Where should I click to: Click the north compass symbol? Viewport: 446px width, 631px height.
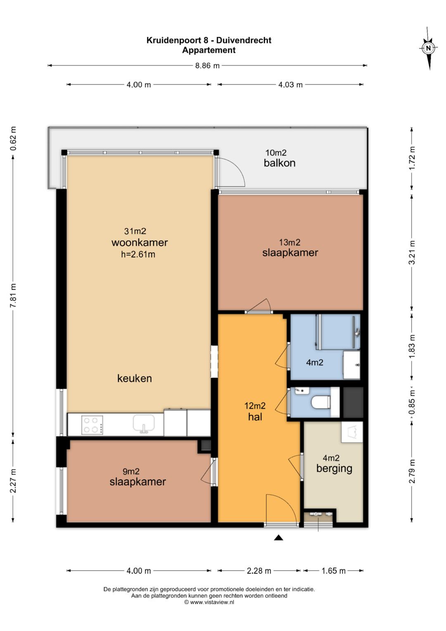point(428,48)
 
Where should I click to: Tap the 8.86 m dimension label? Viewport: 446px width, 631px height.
point(207,66)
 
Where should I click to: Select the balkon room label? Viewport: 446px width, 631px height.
point(280,163)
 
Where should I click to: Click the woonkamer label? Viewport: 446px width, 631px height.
point(140,242)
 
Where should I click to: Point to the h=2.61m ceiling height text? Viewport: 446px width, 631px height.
point(138,255)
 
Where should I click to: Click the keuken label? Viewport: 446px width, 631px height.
point(135,379)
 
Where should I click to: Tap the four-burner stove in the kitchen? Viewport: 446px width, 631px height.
point(92,425)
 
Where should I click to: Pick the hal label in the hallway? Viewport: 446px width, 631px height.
point(255,417)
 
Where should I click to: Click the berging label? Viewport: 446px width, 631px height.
point(334,469)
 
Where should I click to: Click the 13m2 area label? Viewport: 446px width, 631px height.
point(290,242)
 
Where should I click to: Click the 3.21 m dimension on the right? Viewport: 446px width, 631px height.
point(412,252)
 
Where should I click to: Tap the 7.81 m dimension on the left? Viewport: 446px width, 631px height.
point(13,296)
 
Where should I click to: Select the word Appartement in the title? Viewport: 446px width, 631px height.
point(209,50)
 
